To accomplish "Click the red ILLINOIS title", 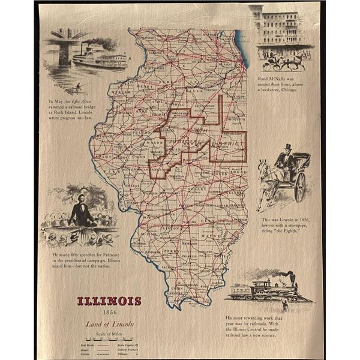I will (x=109, y=301).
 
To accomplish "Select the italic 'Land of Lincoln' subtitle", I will (x=109, y=324).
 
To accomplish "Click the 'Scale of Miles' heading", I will (x=109, y=333).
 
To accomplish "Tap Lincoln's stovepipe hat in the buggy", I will (x=287, y=148).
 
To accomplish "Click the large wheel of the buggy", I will (x=299, y=187).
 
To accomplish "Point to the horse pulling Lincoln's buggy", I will (x=266, y=178).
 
